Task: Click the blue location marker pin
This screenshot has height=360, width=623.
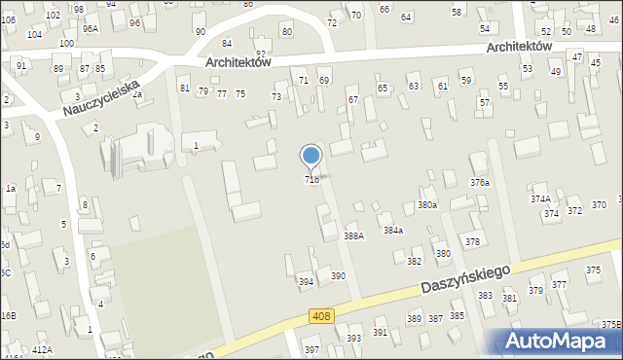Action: click(x=311, y=157)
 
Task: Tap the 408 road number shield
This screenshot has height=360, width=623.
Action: click(x=322, y=316)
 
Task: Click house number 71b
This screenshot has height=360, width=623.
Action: click(x=311, y=180)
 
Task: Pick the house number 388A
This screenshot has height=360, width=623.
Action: click(x=353, y=235)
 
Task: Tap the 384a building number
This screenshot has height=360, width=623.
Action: click(x=393, y=231)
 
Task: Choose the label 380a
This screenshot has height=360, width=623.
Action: click(x=427, y=205)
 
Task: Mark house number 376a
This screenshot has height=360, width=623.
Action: click(x=480, y=182)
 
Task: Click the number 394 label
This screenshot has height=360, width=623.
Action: click(x=306, y=282)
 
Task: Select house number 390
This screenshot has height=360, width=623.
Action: click(x=338, y=276)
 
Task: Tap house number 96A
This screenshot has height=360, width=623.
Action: click(x=91, y=29)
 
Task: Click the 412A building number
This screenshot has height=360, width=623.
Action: click(x=42, y=348)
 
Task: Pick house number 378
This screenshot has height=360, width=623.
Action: click(x=472, y=241)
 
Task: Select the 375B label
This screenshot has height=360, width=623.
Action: click(x=610, y=325)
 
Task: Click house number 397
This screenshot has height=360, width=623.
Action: click(x=312, y=350)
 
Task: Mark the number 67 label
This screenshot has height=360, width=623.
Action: click(x=352, y=100)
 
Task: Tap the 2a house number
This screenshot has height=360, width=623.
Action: click(x=137, y=94)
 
